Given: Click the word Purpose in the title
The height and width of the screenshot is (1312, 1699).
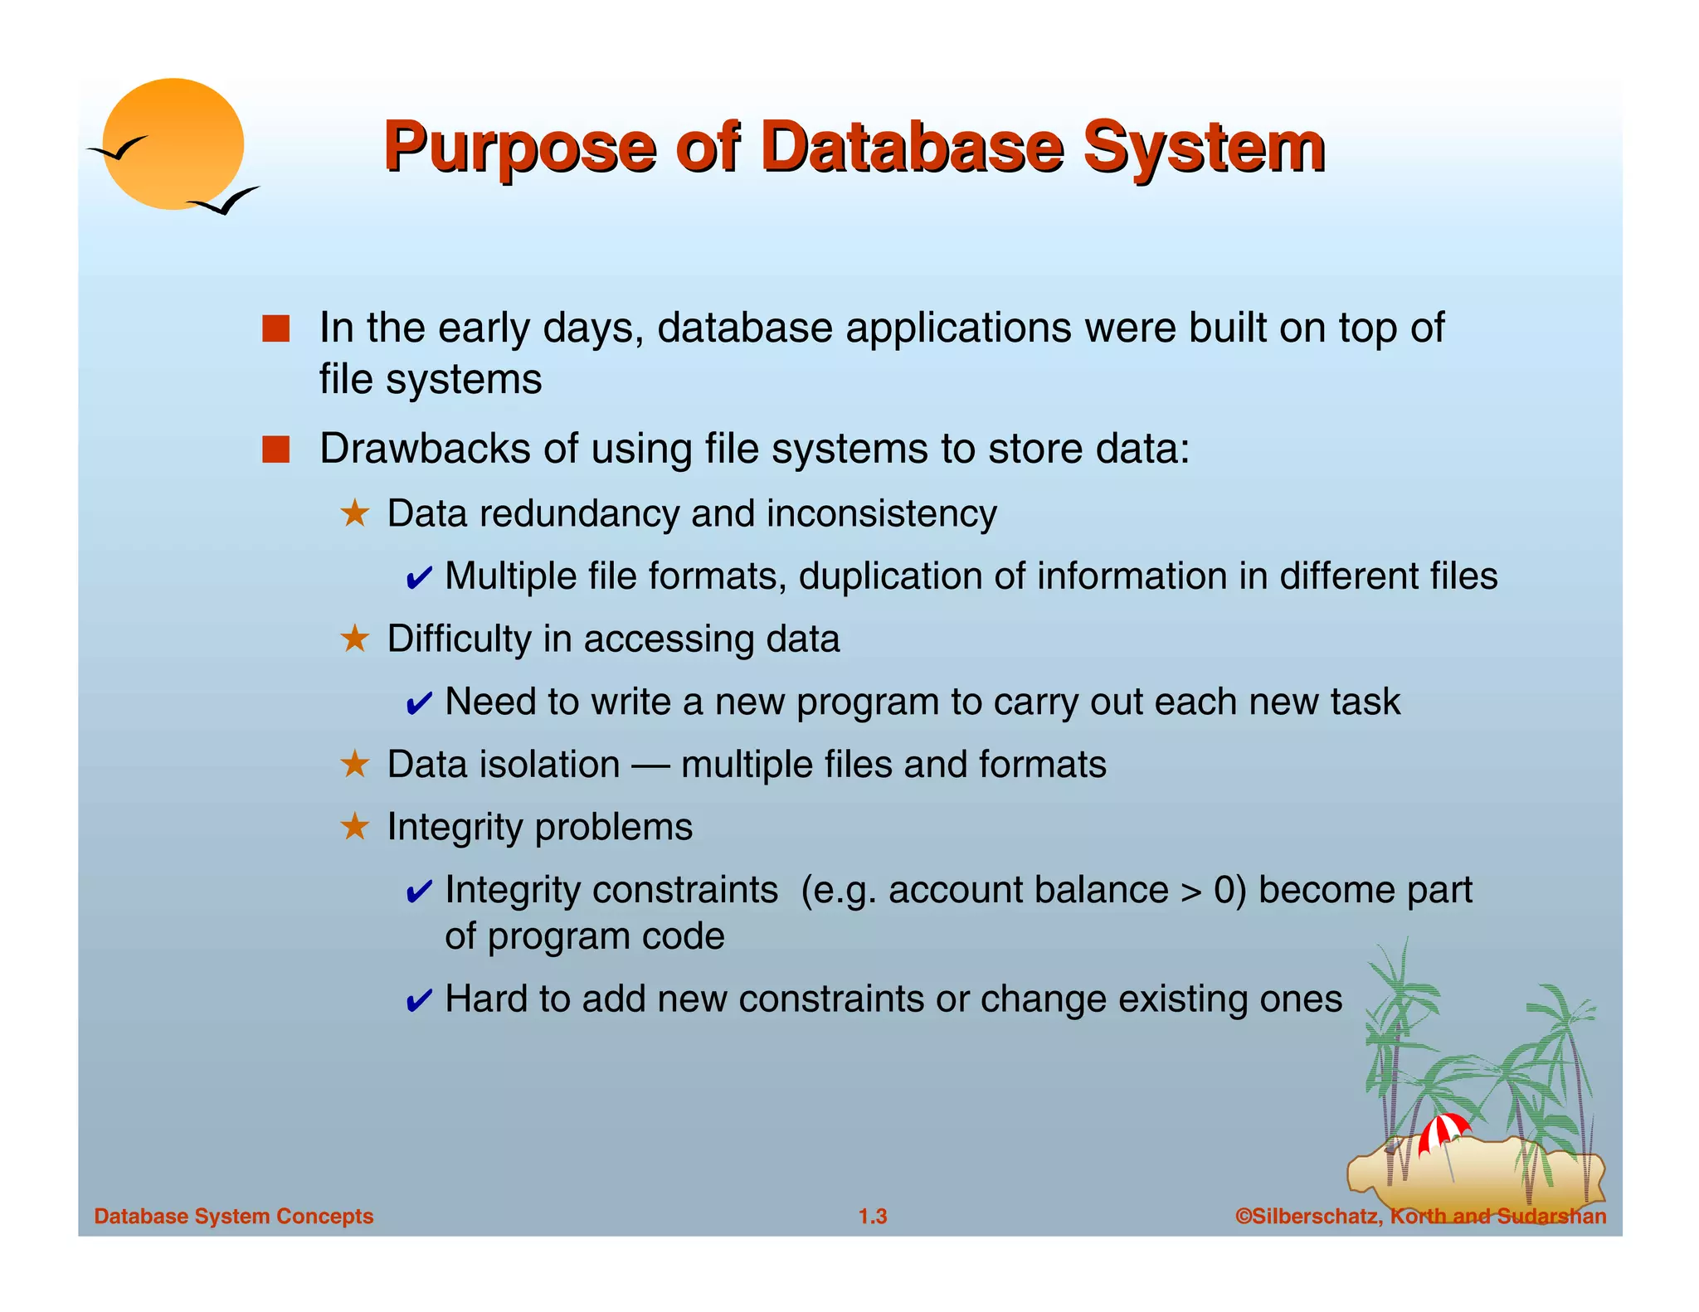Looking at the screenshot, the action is [x=519, y=149].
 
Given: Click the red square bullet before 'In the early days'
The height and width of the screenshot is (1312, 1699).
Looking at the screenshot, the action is [x=275, y=328].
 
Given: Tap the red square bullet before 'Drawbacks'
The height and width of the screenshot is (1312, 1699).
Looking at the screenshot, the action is [x=275, y=449].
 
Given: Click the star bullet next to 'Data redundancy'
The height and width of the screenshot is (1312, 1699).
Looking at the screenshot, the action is [x=355, y=513].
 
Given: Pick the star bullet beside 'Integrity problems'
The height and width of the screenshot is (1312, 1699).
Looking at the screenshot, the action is [x=355, y=827].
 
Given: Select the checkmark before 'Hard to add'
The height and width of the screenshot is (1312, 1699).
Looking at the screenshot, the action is [x=418, y=1001].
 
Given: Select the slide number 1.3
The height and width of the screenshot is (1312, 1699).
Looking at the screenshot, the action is [x=873, y=1216].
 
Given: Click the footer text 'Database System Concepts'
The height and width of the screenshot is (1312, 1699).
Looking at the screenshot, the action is [x=234, y=1216].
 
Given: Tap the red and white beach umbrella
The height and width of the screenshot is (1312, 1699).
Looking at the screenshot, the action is [x=1443, y=1132].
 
